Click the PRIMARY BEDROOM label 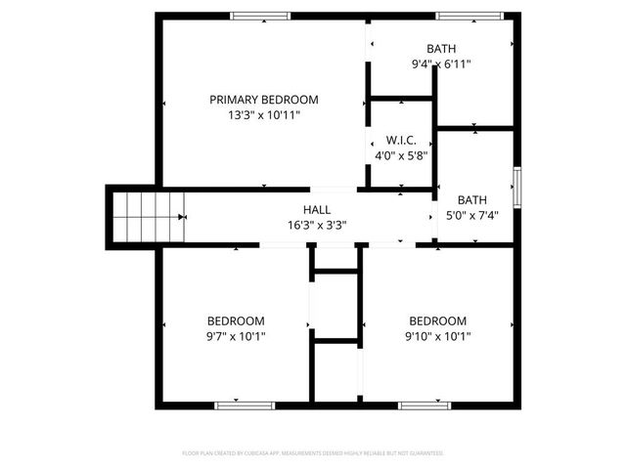[264, 100]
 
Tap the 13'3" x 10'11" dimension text [264, 115]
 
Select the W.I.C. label [401, 140]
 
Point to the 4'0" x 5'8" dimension [401, 155]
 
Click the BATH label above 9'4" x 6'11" [441, 49]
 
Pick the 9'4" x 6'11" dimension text [441, 64]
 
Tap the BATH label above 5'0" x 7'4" [471, 199]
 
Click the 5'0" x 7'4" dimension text [471, 216]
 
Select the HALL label [316, 209]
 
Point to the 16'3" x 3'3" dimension [316, 225]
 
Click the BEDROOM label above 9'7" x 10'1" [236, 320]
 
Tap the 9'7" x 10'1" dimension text [236, 336]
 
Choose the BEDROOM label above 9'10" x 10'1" [437, 320]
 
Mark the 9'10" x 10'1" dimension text [437, 336]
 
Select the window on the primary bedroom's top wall [260, 15]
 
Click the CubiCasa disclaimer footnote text [313, 453]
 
